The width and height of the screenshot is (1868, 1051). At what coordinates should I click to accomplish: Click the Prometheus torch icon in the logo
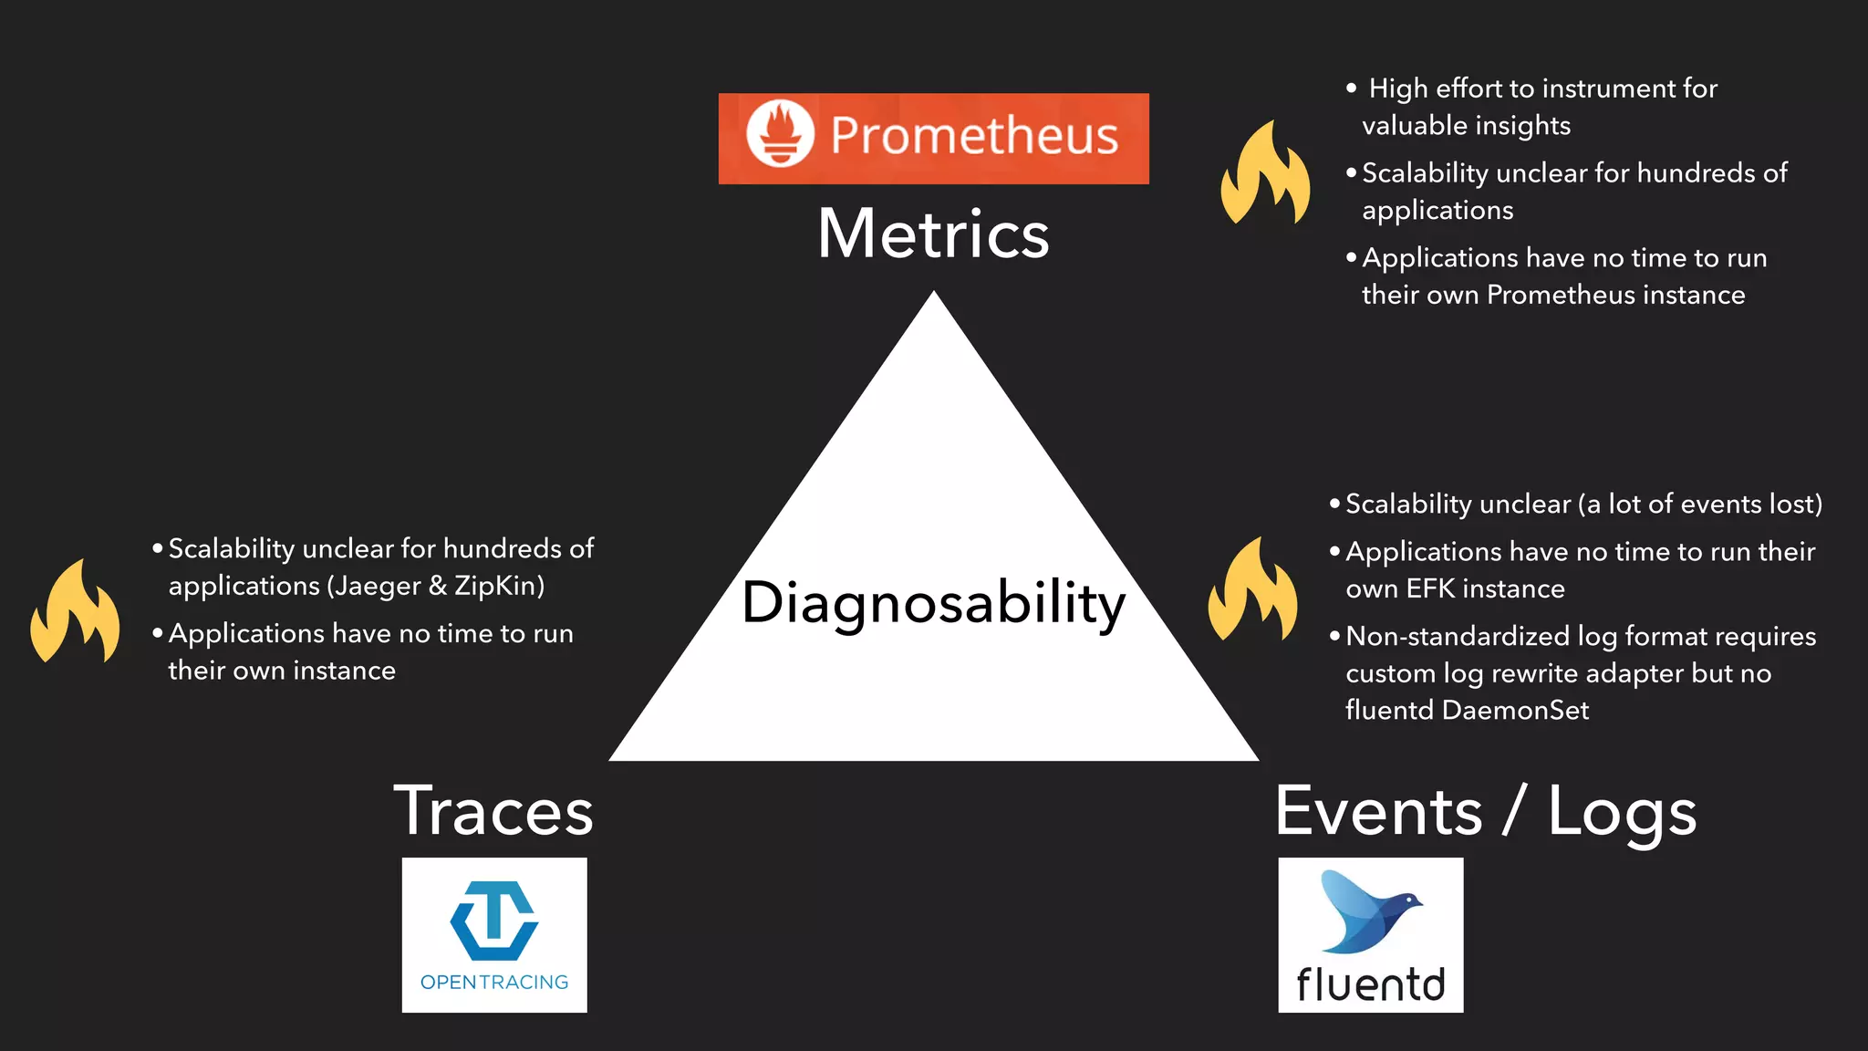tap(780, 134)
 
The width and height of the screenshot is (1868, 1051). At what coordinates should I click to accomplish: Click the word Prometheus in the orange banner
tap(974, 136)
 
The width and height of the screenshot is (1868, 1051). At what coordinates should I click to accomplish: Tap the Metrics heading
tap(933, 234)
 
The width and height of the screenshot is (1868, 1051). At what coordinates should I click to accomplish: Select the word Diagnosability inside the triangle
tap(933, 603)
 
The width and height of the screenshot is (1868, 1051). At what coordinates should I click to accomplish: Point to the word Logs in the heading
tap(1622, 812)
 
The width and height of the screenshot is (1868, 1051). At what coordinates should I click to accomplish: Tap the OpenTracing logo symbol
tap(494, 921)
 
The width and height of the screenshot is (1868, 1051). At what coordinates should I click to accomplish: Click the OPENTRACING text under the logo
tap(494, 983)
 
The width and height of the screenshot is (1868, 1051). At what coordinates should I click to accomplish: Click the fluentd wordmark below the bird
tap(1370, 984)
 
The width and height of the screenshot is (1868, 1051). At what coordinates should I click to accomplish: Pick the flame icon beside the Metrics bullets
tap(1266, 174)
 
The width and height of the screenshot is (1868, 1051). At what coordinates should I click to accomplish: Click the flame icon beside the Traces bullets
tap(75, 612)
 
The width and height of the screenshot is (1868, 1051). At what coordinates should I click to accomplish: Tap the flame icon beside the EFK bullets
tap(1252, 590)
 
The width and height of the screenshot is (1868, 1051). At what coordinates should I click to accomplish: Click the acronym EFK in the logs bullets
tap(1434, 589)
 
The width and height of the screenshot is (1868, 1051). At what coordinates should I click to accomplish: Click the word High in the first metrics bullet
tap(1397, 88)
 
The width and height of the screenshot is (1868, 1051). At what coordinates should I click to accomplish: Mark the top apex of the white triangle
tap(934, 293)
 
